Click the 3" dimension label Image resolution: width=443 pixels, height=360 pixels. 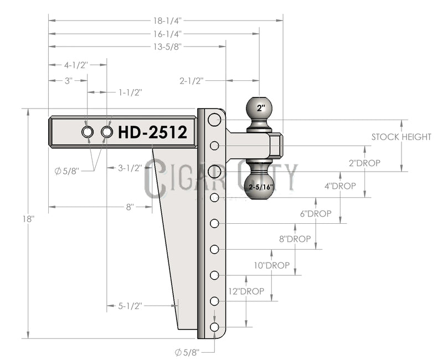(x=69, y=80)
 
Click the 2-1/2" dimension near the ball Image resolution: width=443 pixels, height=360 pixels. (x=192, y=80)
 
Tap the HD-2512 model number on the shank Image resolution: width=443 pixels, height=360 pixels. (x=152, y=132)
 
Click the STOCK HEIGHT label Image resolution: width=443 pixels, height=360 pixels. (x=401, y=137)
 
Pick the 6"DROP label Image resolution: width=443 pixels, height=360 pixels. (x=316, y=213)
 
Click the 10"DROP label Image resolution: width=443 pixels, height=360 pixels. (x=271, y=265)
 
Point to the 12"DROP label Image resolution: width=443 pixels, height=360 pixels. (x=246, y=291)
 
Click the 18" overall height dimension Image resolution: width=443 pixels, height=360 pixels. (x=29, y=219)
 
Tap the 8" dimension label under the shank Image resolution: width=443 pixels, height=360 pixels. (x=130, y=207)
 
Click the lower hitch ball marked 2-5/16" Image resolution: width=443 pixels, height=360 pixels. (x=260, y=180)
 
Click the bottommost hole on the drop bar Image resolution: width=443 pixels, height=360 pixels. (x=215, y=327)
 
